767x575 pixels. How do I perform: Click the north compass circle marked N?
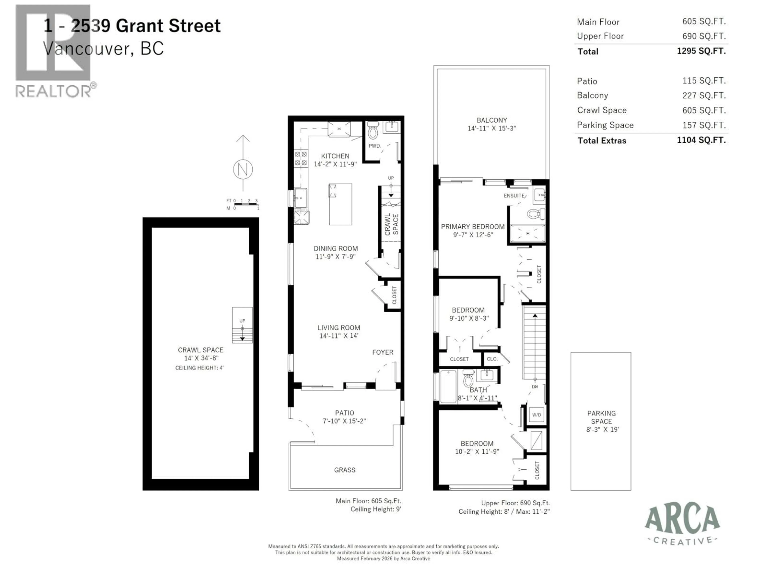(x=243, y=170)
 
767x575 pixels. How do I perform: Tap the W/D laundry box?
(x=537, y=414)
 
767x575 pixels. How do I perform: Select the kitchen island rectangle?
(x=341, y=204)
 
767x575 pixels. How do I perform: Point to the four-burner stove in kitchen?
(x=301, y=158)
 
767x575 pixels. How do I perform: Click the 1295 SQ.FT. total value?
(x=701, y=51)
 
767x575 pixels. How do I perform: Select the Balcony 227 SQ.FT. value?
(x=704, y=95)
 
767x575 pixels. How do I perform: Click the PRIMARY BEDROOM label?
(x=473, y=227)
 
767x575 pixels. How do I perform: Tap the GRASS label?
(x=345, y=470)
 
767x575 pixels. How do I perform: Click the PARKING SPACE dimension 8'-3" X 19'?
(x=602, y=429)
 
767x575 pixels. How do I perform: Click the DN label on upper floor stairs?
(x=535, y=387)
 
